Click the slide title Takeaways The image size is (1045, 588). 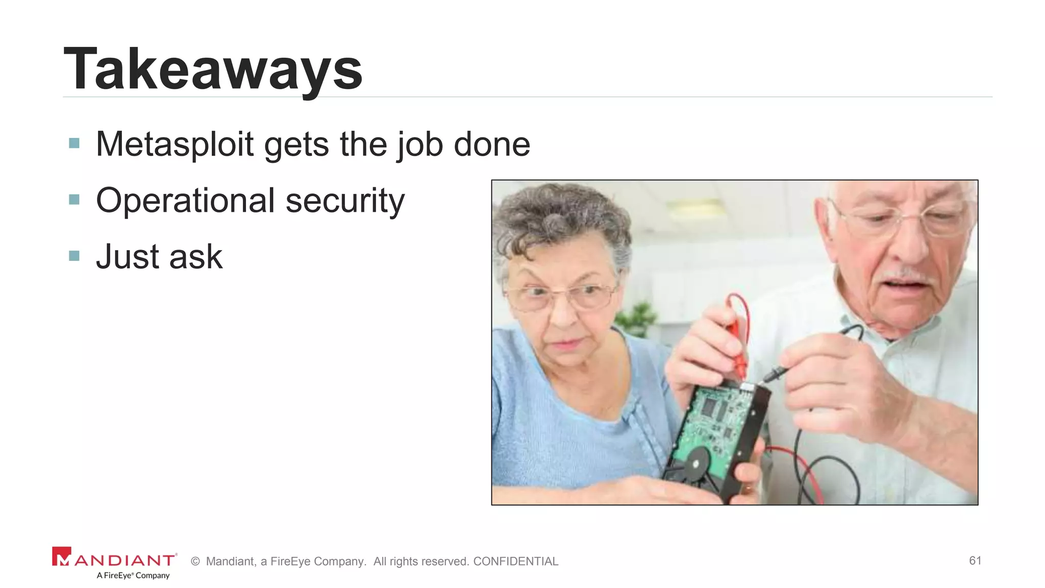[213, 69]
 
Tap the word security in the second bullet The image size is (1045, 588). [345, 201]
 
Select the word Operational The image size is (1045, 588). [186, 201]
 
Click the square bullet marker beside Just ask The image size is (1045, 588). [74, 255]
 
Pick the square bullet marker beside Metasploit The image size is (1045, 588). [74, 143]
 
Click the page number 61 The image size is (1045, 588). [975, 560]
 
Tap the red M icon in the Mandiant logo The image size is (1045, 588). [62, 556]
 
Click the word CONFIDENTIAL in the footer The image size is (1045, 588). [515, 561]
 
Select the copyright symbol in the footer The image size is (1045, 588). [195, 561]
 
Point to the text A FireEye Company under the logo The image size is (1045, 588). [133, 576]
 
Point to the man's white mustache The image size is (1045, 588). [908, 276]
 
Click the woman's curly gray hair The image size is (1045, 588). [556, 219]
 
